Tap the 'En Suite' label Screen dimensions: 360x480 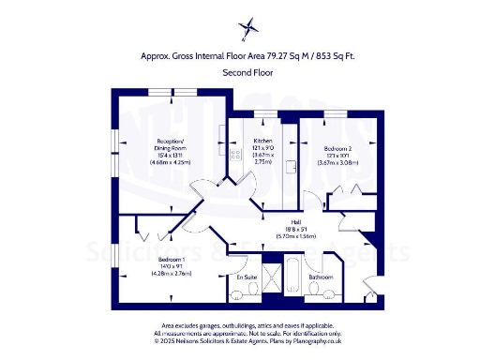point(247,278)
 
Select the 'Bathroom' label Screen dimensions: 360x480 point(322,277)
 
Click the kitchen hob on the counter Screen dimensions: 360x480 point(231,156)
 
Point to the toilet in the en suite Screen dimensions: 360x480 point(254,294)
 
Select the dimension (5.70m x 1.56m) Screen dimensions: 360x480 point(285,237)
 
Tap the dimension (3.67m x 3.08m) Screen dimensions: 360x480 point(337,162)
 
